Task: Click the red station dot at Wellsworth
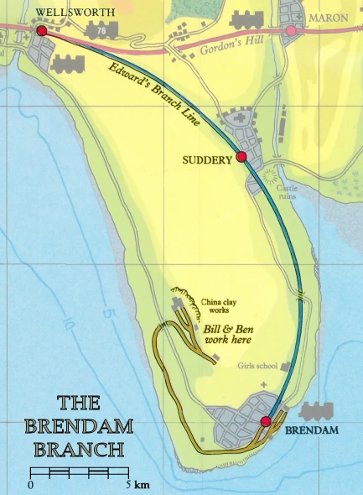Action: point(42,31)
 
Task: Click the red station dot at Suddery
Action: point(241,157)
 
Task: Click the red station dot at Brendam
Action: point(266,421)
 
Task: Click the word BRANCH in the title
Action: point(80,447)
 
